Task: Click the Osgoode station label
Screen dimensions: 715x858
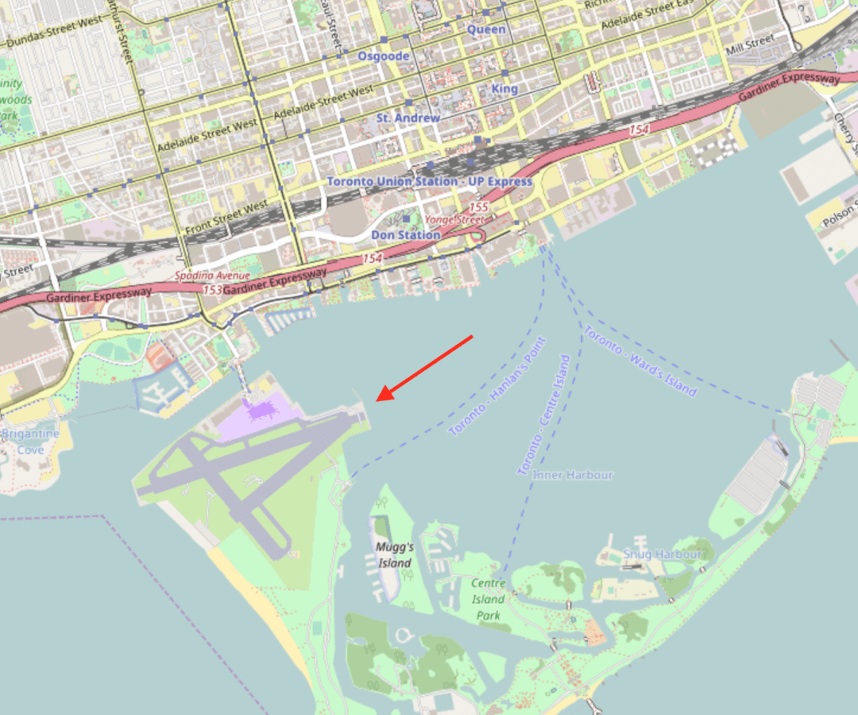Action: pyautogui.click(x=384, y=56)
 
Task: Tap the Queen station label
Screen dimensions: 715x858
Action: pyautogui.click(x=485, y=29)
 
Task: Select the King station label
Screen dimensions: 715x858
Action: pyautogui.click(x=504, y=88)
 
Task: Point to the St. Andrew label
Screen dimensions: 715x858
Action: pyautogui.click(x=408, y=118)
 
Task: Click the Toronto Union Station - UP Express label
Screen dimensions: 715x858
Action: pyautogui.click(x=429, y=182)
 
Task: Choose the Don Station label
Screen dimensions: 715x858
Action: pyautogui.click(x=405, y=235)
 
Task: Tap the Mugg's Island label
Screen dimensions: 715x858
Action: pyautogui.click(x=395, y=555)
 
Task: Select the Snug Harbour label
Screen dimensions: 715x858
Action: pyautogui.click(x=663, y=554)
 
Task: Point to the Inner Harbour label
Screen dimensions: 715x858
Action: pyautogui.click(x=573, y=475)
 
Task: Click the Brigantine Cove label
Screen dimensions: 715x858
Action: pyautogui.click(x=30, y=442)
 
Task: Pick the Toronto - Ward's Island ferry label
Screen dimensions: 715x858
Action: pyautogui.click(x=640, y=361)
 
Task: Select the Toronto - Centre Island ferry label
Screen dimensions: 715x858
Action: pyautogui.click(x=544, y=415)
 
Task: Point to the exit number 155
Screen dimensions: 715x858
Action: pyautogui.click(x=478, y=207)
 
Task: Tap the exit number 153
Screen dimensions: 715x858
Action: pyautogui.click(x=212, y=290)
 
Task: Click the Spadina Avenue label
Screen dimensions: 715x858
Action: pyautogui.click(x=212, y=276)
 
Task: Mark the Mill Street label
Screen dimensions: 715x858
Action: pyautogui.click(x=750, y=41)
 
